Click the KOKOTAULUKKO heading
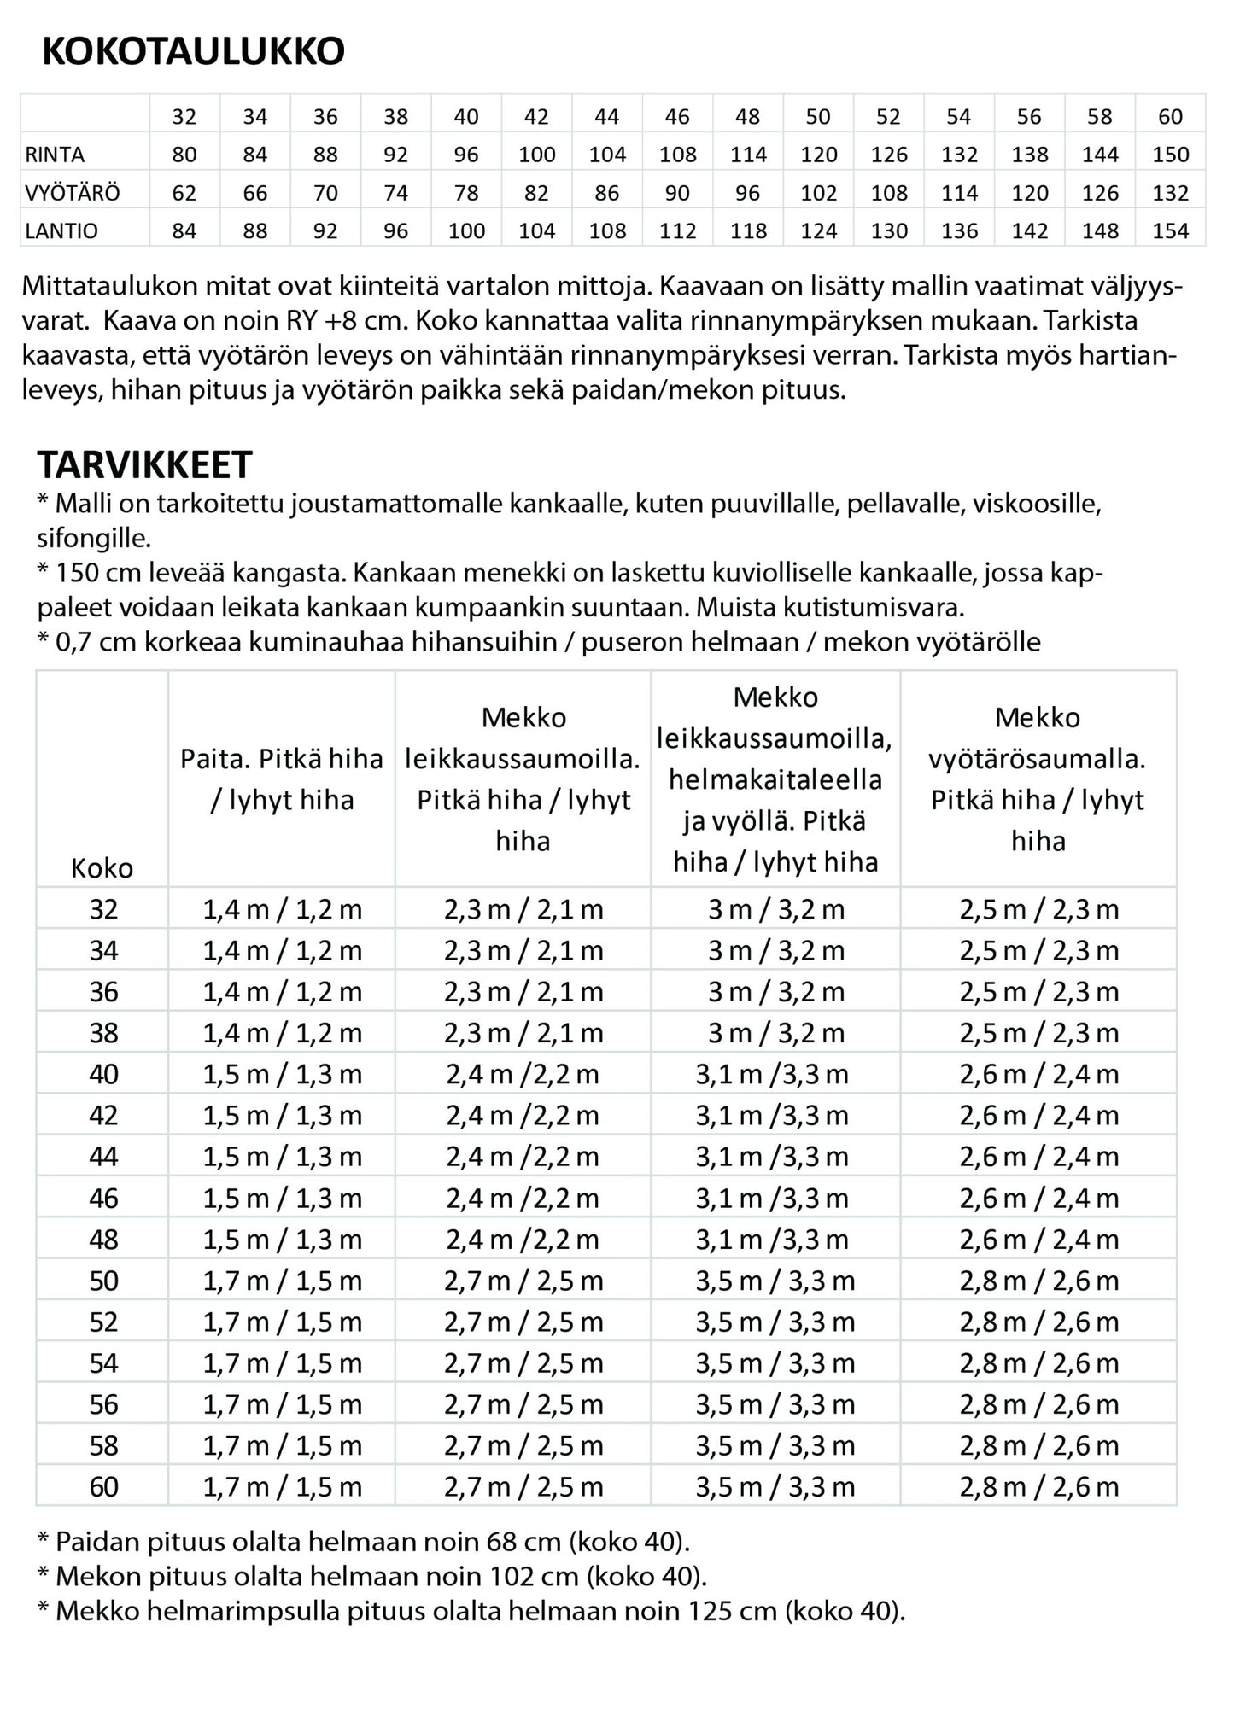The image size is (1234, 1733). coord(193,52)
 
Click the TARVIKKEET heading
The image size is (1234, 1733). coord(144,465)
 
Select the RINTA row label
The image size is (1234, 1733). coord(55,155)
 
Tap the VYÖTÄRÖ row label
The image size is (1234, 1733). coord(72,193)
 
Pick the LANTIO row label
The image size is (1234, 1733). coord(61,230)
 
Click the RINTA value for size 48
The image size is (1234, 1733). coord(747,155)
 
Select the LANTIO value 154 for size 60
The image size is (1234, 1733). coord(1169,230)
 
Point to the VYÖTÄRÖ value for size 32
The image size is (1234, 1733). coord(184,193)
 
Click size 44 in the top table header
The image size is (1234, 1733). coord(606,117)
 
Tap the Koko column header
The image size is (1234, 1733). coord(102,868)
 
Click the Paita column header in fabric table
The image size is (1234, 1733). coord(282,779)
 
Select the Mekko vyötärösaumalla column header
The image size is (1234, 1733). coord(1038,779)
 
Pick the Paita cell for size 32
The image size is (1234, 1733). coord(282,909)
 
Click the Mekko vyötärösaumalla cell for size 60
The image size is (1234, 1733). coord(1038,1487)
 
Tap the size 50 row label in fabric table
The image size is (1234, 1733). coord(103,1281)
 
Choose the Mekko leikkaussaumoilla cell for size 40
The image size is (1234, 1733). coord(523,1074)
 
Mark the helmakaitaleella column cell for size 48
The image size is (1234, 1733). coord(772,1240)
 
